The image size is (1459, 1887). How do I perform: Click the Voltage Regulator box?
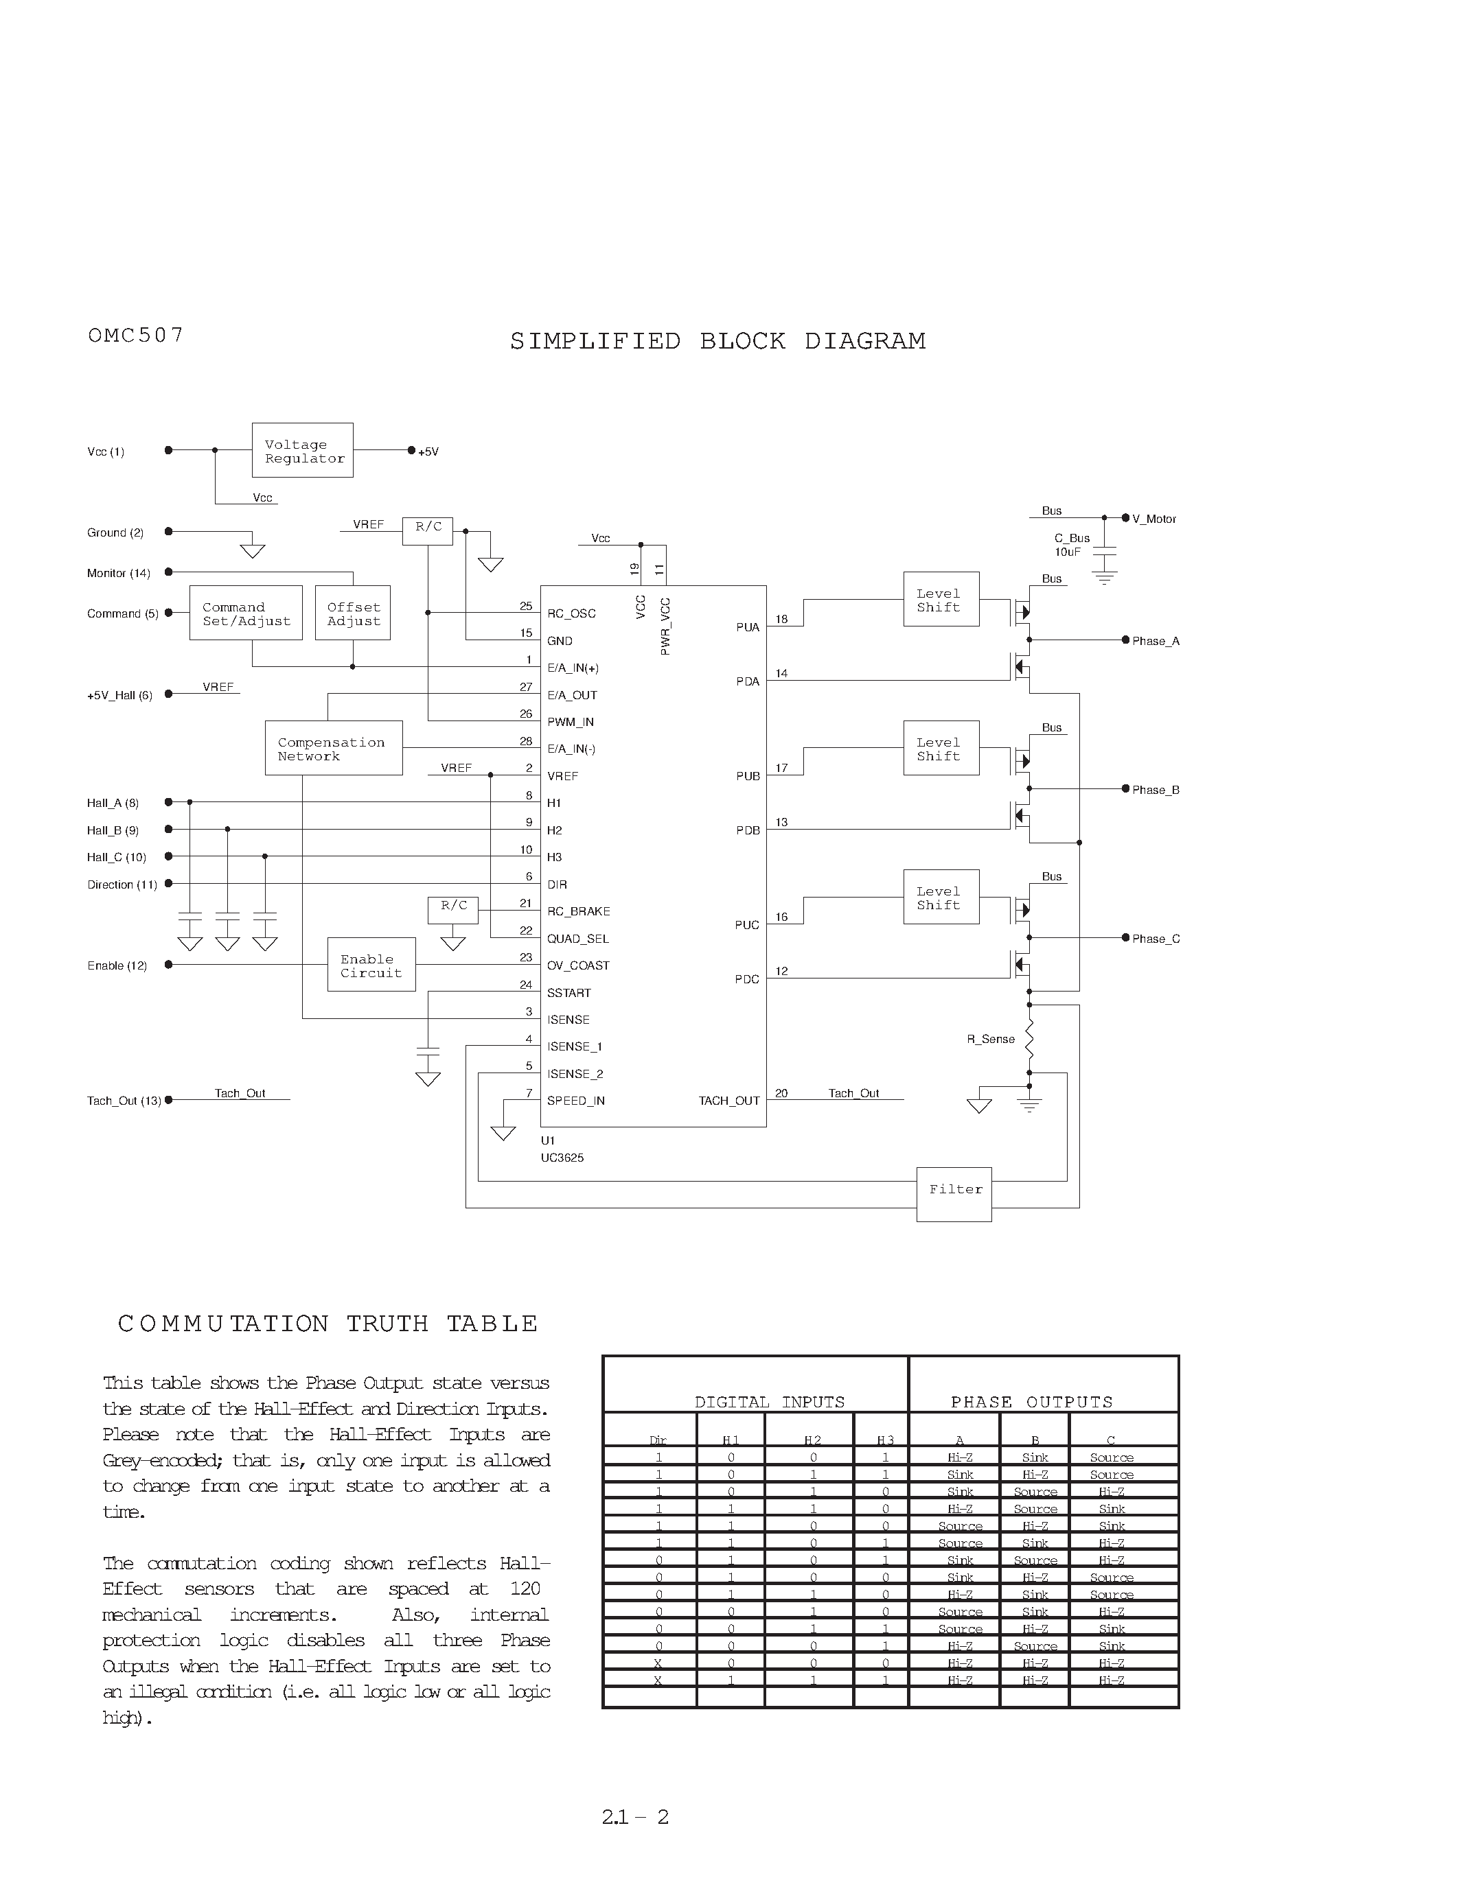[x=303, y=450]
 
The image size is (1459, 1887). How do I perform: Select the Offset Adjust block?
[x=353, y=613]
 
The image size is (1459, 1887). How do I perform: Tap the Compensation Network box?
[x=334, y=748]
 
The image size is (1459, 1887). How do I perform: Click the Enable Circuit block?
[x=371, y=965]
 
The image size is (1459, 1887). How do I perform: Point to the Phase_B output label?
[x=1155, y=790]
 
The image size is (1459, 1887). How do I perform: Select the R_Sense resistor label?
[x=991, y=1040]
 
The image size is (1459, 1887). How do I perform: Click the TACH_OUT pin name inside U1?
[x=728, y=1101]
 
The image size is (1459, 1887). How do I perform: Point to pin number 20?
[x=781, y=1093]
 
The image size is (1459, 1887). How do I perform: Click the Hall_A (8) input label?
[x=113, y=804]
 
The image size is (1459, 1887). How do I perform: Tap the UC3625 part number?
[x=563, y=1158]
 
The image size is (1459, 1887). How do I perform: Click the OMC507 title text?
[x=136, y=336]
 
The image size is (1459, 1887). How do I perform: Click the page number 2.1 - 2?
[x=635, y=1817]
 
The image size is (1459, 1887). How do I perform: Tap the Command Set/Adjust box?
[x=246, y=613]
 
